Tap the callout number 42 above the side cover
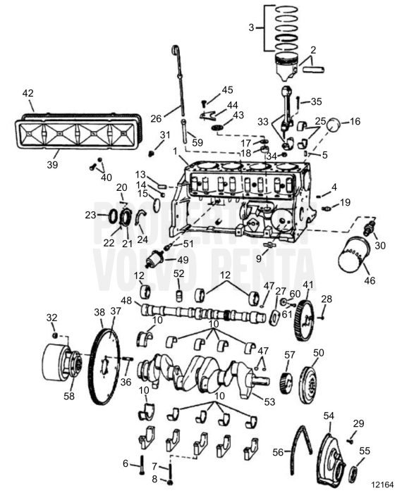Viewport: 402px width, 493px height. click(x=28, y=93)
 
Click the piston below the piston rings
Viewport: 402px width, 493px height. click(x=290, y=64)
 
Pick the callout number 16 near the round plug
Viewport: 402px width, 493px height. click(x=355, y=121)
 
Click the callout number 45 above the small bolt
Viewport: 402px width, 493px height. click(x=226, y=89)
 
